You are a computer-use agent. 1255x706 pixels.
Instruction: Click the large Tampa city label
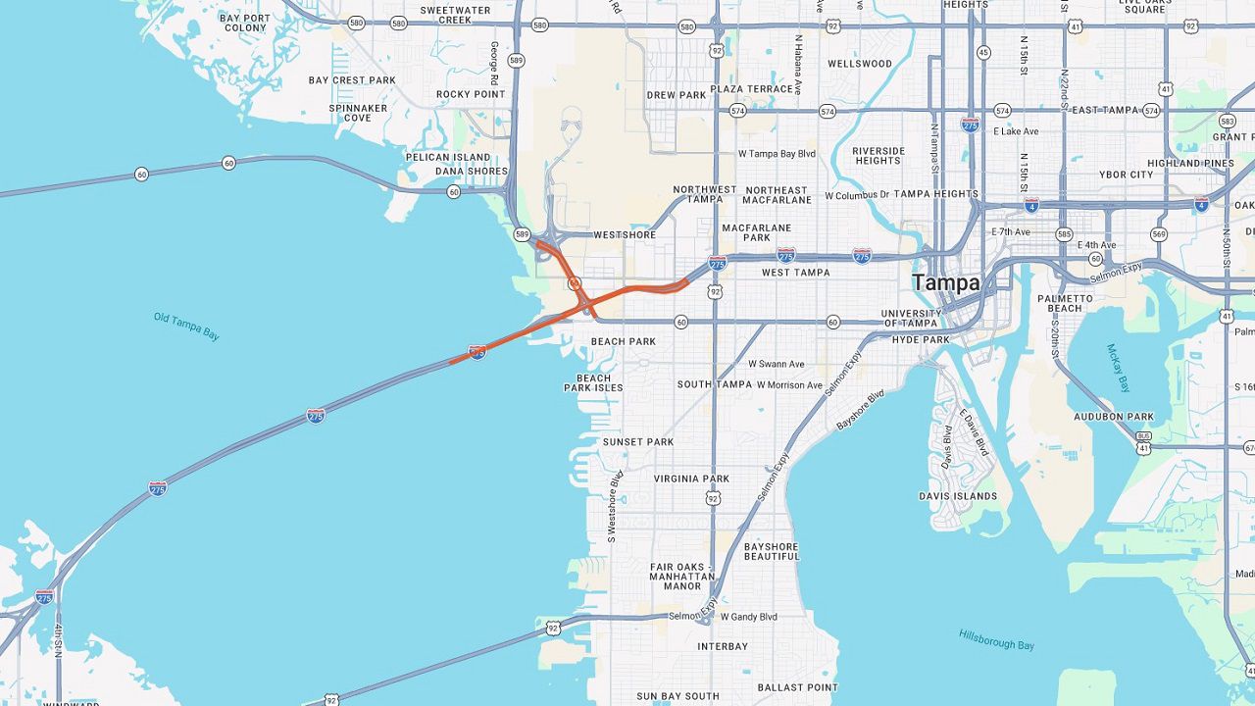(x=945, y=282)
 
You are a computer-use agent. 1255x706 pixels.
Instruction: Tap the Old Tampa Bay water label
(x=186, y=326)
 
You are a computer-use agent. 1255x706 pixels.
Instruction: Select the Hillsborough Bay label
(x=996, y=638)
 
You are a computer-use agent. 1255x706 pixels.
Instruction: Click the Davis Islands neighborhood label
(x=958, y=496)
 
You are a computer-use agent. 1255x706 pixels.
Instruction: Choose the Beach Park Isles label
(x=593, y=382)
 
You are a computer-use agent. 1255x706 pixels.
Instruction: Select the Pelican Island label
(x=448, y=157)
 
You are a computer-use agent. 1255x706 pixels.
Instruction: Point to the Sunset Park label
(x=637, y=442)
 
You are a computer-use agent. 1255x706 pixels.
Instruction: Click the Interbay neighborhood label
(x=723, y=647)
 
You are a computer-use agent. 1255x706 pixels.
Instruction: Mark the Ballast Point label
(x=797, y=687)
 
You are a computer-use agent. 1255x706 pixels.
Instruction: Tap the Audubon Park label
(x=1113, y=417)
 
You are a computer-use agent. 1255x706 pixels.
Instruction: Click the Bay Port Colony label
(x=244, y=23)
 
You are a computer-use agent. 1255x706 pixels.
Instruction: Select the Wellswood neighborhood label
(x=860, y=64)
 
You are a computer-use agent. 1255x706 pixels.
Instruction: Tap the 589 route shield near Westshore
(x=522, y=234)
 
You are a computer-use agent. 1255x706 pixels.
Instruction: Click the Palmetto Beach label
(x=1065, y=303)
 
